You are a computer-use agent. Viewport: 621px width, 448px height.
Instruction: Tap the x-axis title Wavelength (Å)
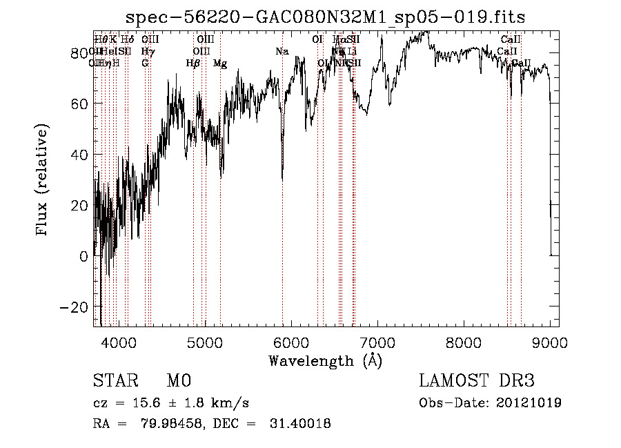pyautogui.click(x=325, y=360)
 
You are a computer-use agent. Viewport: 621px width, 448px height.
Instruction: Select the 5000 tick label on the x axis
pyautogui.click(x=205, y=342)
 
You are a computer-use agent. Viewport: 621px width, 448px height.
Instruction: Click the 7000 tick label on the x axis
pyautogui.click(x=377, y=342)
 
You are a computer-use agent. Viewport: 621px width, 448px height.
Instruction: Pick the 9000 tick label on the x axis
pyautogui.click(x=550, y=342)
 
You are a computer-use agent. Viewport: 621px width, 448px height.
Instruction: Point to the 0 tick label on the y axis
pyautogui.click(x=82, y=256)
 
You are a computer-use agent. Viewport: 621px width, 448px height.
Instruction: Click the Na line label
pyautogui.click(x=282, y=52)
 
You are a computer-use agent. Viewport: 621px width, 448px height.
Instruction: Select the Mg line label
pyautogui.click(x=220, y=64)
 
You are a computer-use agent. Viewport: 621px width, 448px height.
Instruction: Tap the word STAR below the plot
pyautogui.click(x=115, y=381)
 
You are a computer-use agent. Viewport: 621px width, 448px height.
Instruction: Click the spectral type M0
pyautogui.click(x=178, y=381)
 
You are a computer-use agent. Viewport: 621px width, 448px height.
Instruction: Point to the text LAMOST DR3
pyautogui.click(x=476, y=381)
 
